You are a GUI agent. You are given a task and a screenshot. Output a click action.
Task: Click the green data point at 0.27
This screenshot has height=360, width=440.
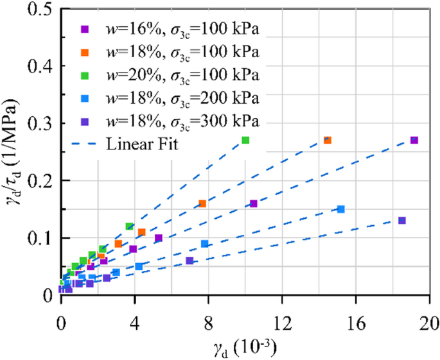tap(245, 140)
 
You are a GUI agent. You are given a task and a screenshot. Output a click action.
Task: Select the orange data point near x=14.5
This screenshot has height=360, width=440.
tap(327, 140)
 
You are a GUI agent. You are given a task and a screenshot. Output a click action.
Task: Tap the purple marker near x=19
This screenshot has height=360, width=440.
tap(414, 140)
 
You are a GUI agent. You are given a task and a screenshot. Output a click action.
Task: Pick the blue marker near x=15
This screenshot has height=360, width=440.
tap(341, 209)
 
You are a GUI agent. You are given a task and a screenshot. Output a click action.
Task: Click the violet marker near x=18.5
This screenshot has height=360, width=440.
tap(402, 220)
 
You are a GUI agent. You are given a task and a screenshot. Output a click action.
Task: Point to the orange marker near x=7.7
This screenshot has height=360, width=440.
tap(202, 203)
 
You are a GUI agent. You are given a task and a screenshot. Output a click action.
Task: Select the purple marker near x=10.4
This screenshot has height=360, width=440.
tap(253, 203)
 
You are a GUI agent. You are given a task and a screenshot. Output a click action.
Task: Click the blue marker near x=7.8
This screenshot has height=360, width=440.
tap(205, 244)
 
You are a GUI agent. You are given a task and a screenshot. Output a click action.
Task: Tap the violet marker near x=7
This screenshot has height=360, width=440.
tap(189, 261)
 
